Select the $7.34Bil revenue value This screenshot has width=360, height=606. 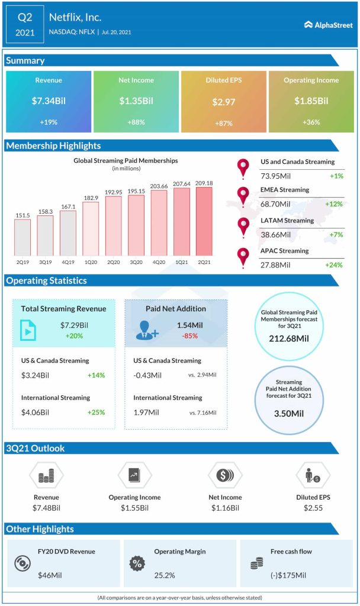click(49, 101)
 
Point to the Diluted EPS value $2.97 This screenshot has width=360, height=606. click(223, 102)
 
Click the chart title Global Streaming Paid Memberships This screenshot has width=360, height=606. click(125, 160)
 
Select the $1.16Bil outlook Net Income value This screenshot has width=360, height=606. click(225, 508)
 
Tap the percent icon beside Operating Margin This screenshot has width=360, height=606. click(137, 563)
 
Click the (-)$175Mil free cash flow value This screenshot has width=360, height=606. click(289, 575)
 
